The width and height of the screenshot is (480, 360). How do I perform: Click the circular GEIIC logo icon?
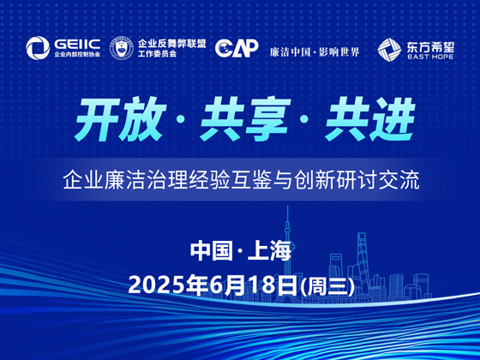tap(38, 48)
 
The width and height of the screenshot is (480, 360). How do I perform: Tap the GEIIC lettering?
tap(77, 45)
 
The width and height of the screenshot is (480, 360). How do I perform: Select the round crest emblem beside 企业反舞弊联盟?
tap(122, 48)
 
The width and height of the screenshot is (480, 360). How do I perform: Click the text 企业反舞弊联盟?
tap(171, 44)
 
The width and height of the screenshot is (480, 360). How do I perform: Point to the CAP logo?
tap(237, 48)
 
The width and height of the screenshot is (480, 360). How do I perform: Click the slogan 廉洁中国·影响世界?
tap(315, 52)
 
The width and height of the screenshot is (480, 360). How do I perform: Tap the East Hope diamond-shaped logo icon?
tap(389, 50)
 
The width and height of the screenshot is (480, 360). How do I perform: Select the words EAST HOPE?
tap(430, 57)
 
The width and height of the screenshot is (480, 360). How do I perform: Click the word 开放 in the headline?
tap(120, 119)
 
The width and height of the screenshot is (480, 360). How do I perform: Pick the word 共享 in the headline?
tap(245, 119)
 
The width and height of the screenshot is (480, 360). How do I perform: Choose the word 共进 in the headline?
tap(370, 119)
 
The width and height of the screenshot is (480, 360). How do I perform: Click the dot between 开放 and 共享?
tap(181, 120)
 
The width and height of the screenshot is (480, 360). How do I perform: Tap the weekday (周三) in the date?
tap(327, 286)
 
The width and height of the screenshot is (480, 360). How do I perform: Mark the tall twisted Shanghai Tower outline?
tap(362, 263)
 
